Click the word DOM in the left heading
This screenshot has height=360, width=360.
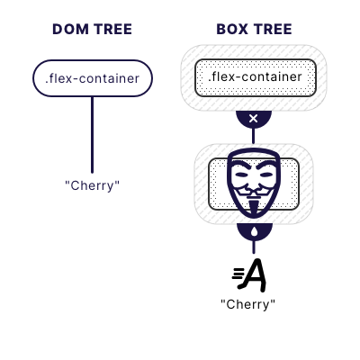point(69,29)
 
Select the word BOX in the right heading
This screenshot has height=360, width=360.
point(232,29)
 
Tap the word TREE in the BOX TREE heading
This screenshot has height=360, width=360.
point(274,29)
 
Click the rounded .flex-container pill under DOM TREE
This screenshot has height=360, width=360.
point(92,78)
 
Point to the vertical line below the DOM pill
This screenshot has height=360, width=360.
point(92,135)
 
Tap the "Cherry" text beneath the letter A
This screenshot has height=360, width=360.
point(248,304)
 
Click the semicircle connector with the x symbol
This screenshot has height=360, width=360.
point(253,120)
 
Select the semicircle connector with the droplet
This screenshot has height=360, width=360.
point(253,232)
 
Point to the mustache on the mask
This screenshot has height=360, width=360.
point(253,191)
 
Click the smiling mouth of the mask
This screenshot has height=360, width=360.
point(253,198)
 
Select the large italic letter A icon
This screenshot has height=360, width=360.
point(256,274)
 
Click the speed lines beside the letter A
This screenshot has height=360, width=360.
point(238,274)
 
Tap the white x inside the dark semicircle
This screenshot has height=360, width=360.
point(253,119)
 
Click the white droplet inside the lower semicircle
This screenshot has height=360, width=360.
point(253,231)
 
